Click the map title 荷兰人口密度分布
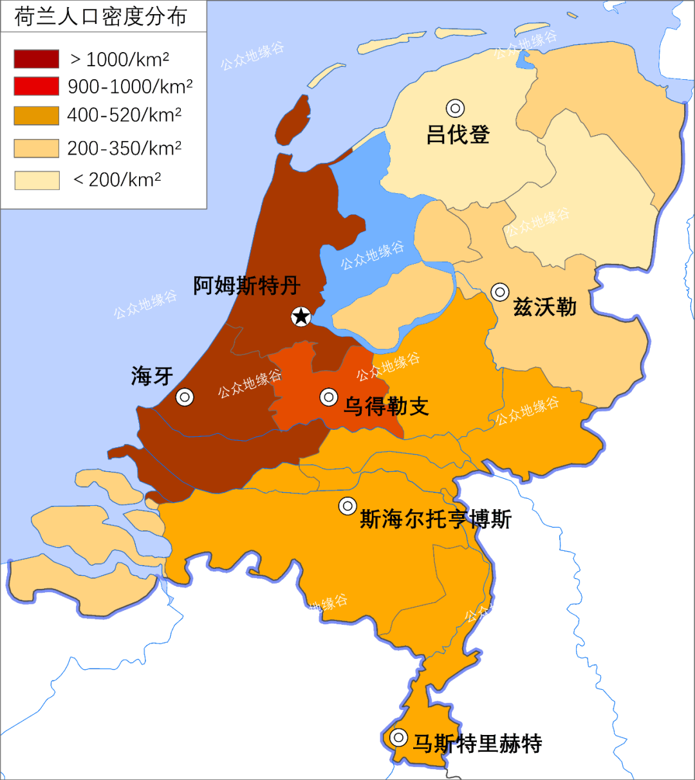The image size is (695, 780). [101, 17]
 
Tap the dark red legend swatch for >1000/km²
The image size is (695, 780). [37, 59]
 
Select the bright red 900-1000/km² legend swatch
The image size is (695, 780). [37, 86]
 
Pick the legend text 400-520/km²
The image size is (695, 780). [124, 115]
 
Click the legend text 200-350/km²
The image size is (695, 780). [124, 149]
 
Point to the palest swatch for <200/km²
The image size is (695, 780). [37, 180]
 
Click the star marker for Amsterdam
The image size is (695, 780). [301, 316]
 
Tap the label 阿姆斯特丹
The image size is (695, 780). [247, 286]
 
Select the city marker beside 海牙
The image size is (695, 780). [185, 397]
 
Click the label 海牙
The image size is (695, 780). [152, 376]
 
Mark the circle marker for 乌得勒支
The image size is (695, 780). [329, 397]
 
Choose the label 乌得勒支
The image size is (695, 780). [386, 407]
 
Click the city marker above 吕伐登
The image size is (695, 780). [456, 108]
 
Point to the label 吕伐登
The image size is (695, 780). [458, 135]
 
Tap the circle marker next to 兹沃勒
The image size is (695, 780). [500, 292]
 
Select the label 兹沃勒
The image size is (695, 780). [544, 307]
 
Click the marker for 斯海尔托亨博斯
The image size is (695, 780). [347, 506]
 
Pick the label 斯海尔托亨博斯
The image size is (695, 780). [436, 519]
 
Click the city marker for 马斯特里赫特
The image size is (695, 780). [398, 737]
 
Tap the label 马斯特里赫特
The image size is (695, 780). [477, 744]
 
